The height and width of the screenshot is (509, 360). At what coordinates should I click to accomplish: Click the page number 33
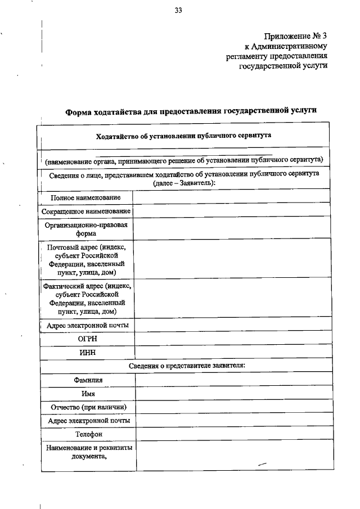click(x=178, y=10)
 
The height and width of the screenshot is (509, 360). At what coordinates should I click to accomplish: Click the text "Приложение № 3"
click(x=295, y=37)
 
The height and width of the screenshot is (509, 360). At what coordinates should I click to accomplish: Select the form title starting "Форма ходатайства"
click(x=191, y=111)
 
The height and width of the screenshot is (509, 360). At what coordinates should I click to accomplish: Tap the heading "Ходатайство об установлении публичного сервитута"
click(x=183, y=136)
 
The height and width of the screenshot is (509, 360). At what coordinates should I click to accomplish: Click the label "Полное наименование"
click(x=85, y=197)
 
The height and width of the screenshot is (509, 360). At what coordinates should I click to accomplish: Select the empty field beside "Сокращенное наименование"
click(x=231, y=211)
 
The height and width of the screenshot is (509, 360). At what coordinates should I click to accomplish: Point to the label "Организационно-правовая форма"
click(x=86, y=230)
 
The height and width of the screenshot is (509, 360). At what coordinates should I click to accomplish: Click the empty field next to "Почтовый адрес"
click(x=231, y=260)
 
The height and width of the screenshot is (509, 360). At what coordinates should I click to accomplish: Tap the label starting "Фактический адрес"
click(x=87, y=298)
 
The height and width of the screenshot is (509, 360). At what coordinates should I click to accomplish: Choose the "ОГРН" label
click(x=87, y=339)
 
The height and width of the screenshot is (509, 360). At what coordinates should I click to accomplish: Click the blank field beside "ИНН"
click(x=231, y=353)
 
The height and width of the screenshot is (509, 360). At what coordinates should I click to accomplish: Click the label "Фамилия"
click(x=88, y=380)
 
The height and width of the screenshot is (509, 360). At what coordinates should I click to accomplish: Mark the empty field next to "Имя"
click(x=231, y=394)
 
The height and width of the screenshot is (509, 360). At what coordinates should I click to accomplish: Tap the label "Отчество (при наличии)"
click(x=88, y=407)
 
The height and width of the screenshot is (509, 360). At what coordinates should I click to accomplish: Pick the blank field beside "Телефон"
click(x=231, y=434)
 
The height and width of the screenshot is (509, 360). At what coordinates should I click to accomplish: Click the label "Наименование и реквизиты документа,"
click(x=88, y=452)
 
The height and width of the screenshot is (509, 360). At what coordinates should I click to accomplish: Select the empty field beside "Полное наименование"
click(x=231, y=197)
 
